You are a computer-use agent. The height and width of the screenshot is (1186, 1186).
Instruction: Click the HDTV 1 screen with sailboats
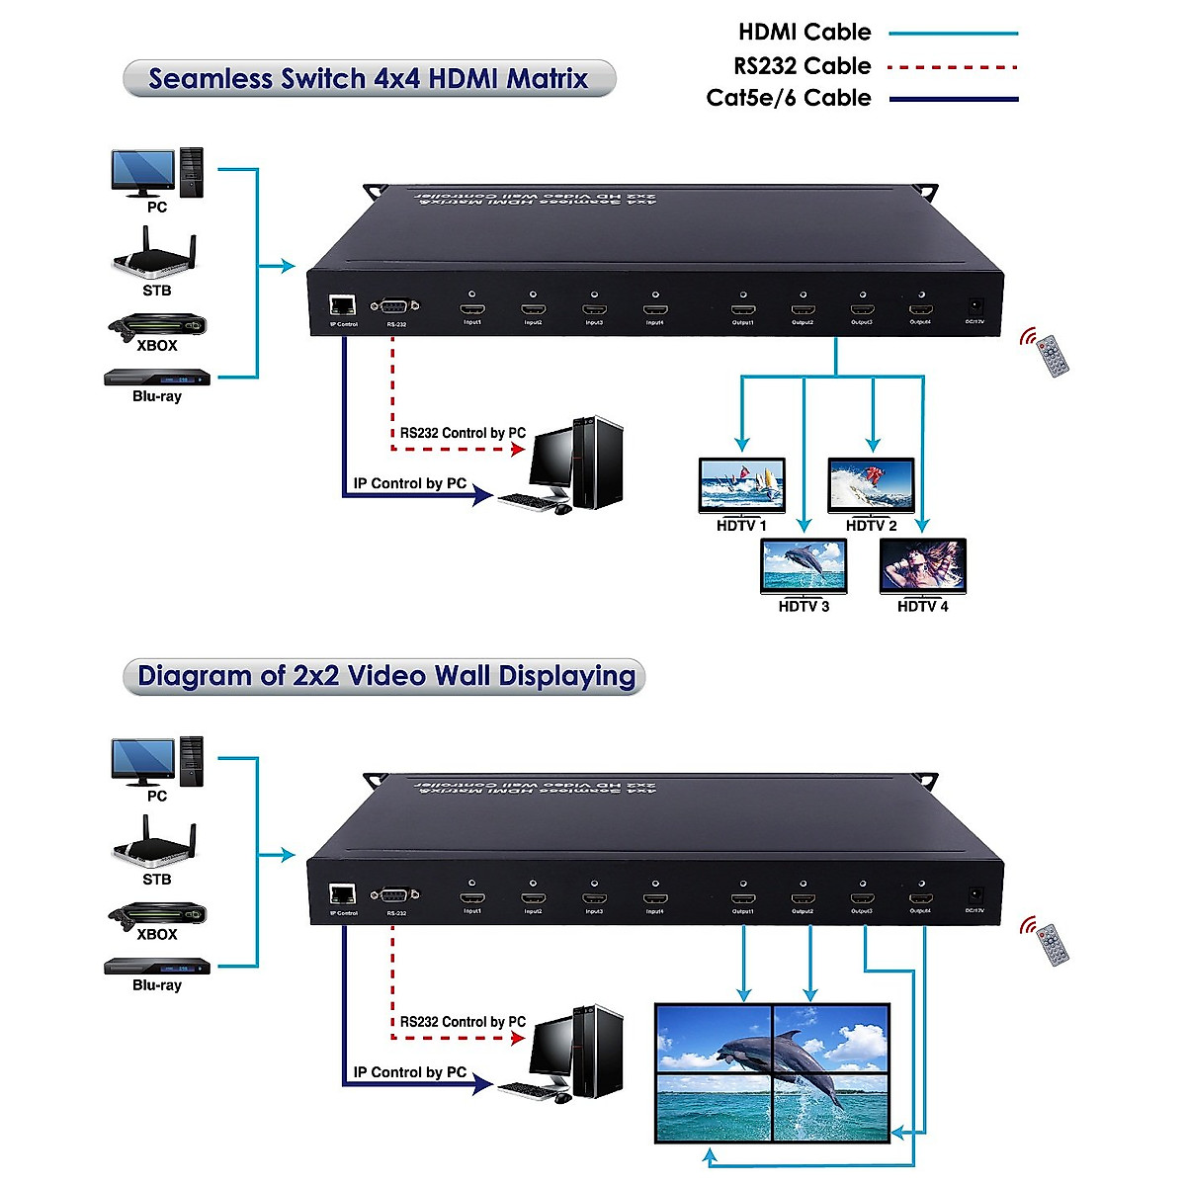click(741, 484)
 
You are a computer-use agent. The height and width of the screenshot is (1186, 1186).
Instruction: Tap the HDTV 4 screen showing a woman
click(922, 566)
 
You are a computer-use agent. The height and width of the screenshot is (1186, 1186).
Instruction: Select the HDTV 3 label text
click(804, 607)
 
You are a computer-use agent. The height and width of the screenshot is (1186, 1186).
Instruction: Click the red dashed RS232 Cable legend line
click(953, 67)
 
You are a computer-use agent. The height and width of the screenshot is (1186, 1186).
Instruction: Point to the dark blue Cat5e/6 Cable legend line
click(953, 99)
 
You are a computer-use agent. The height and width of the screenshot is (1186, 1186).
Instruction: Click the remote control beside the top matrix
click(1052, 355)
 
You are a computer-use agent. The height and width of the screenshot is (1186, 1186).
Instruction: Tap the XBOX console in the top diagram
click(157, 325)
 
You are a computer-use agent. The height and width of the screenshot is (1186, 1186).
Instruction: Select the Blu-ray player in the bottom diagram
click(157, 966)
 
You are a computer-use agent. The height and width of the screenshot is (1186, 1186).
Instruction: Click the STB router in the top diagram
click(154, 256)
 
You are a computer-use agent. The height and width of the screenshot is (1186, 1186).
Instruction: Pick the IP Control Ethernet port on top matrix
click(343, 306)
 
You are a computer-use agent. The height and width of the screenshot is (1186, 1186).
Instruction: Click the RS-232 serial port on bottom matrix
click(395, 895)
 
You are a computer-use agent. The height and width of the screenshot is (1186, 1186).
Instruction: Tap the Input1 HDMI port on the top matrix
click(471, 309)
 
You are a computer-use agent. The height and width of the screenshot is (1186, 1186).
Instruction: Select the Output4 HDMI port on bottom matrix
click(920, 898)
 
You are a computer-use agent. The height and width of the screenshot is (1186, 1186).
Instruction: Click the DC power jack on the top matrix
click(974, 306)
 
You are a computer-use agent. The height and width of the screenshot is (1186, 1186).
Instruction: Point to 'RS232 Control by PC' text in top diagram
click(463, 433)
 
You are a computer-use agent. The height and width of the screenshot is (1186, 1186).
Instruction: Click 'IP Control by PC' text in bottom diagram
click(409, 1072)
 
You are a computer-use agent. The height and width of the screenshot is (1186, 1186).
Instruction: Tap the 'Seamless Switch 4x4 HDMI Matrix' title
click(369, 79)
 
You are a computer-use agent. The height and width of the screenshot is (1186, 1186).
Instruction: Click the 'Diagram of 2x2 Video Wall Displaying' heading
click(385, 677)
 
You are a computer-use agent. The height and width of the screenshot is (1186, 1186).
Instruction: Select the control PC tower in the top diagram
click(598, 462)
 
